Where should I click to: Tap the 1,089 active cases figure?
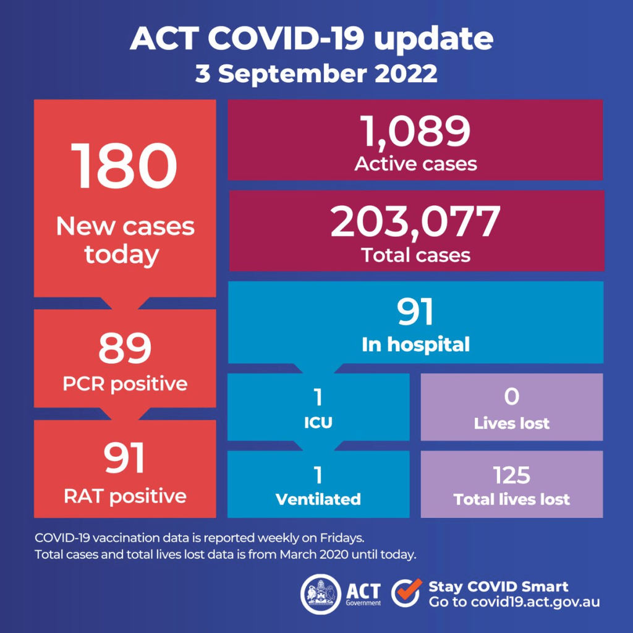point(415,130)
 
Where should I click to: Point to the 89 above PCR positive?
point(125,347)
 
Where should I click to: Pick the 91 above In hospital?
point(415,312)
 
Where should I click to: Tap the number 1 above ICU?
point(318,396)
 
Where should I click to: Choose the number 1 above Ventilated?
point(318,475)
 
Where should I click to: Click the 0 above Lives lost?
point(511,396)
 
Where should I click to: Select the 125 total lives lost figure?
point(511,475)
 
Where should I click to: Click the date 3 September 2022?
point(316,74)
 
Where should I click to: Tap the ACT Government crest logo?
point(321,593)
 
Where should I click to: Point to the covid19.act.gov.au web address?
point(533,602)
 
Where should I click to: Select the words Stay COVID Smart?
point(498,587)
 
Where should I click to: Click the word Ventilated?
point(318,499)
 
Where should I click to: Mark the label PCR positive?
point(125,383)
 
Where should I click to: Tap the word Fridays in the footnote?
point(350,537)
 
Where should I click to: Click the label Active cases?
point(415,163)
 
